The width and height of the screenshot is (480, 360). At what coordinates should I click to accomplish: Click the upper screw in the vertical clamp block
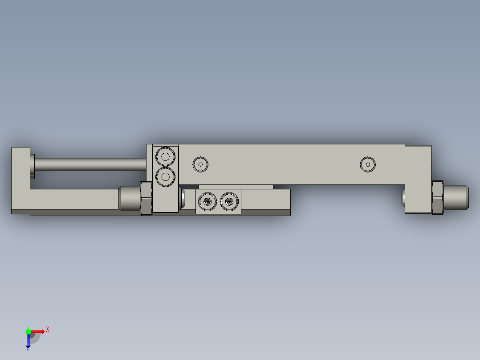click(x=166, y=156)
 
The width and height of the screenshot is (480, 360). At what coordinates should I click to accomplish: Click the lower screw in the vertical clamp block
click(x=166, y=177)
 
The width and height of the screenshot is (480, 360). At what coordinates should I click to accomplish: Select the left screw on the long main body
click(x=200, y=164)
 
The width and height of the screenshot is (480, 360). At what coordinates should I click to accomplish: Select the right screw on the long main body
click(x=368, y=164)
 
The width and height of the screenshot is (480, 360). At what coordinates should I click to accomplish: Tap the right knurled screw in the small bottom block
click(x=229, y=201)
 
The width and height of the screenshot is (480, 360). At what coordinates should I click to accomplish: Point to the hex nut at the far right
click(x=438, y=197)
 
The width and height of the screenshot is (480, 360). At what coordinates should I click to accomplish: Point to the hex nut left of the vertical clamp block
click(x=146, y=198)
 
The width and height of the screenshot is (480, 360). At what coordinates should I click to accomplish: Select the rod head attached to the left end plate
click(x=33, y=165)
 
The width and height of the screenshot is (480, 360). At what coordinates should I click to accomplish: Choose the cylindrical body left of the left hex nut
click(x=129, y=199)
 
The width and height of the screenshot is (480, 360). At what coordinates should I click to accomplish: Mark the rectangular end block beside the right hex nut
click(x=418, y=179)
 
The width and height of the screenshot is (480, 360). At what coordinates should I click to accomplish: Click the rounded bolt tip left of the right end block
click(x=403, y=198)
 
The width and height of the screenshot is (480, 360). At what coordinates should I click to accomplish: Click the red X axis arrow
click(x=38, y=331)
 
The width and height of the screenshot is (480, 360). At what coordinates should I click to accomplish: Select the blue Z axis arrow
click(x=28, y=341)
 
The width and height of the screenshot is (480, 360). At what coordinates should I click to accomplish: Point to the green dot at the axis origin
click(x=28, y=331)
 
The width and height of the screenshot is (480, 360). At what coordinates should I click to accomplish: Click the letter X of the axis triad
click(x=48, y=329)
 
